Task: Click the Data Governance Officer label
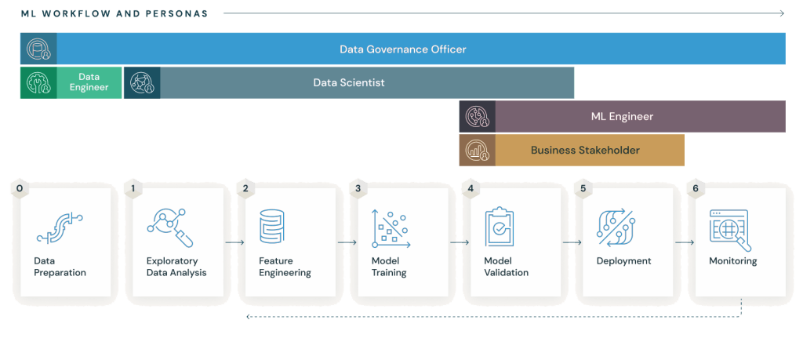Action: click(402, 49)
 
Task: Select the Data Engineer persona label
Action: click(89, 82)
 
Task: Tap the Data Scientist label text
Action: click(349, 82)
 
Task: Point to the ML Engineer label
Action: click(622, 116)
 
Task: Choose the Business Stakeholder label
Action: click(585, 150)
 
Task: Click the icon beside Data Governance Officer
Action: click(38, 49)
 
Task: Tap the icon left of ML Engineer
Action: click(477, 116)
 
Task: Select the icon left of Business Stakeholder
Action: click(477, 150)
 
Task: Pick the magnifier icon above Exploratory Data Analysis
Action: click(170, 227)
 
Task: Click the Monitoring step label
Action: click(732, 261)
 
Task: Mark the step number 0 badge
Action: click(20, 189)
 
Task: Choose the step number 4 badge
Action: click(471, 189)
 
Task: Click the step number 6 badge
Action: click(695, 189)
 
